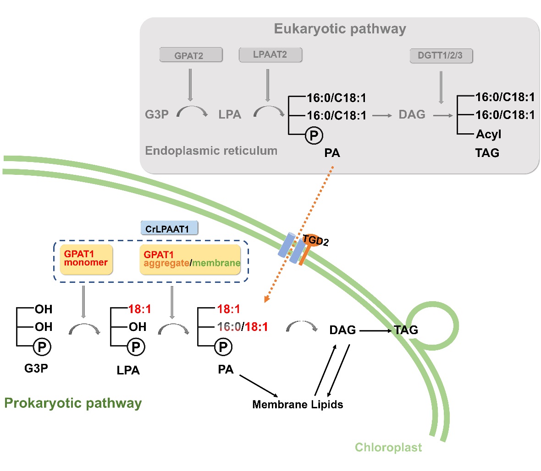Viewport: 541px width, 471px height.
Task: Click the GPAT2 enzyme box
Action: pyautogui.click(x=191, y=55)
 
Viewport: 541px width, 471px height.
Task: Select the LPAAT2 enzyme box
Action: pyautogui.click(x=270, y=54)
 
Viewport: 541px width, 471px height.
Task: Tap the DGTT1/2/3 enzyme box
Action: pyautogui.click(x=440, y=56)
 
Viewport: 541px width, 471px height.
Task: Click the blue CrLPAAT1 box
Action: pyautogui.click(x=169, y=228)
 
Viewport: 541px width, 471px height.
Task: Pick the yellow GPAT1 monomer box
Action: pyautogui.click(x=86, y=259)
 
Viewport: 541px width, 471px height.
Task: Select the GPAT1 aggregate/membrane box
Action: pyautogui.click(x=190, y=259)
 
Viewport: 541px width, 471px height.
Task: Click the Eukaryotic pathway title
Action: pyautogui.click(x=340, y=29)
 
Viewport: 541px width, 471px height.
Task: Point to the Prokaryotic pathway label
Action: pyautogui.click(x=73, y=403)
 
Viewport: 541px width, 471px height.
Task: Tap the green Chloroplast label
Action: pyautogui.click(x=388, y=447)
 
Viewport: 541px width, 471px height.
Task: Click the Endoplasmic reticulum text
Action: pyautogui.click(x=211, y=151)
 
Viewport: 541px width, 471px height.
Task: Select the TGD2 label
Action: pyautogui.click(x=316, y=240)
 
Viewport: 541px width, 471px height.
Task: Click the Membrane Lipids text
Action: pyautogui.click(x=298, y=405)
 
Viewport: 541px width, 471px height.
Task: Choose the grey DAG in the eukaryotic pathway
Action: pyautogui.click(x=412, y=114)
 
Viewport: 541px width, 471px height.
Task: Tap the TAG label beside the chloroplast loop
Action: pyautogui.click(x=406, y=330)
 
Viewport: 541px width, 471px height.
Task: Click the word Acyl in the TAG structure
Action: pyautogui.click(x=488, y=134)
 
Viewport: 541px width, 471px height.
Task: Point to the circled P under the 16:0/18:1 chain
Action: pyautogui.click(x=223, y=347)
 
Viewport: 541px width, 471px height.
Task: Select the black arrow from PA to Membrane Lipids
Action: pyautogui.click(x=259, y=386)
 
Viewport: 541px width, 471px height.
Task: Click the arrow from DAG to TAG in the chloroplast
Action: pyautogui.click(x=376, y=330)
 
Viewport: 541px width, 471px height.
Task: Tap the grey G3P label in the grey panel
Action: pyautogui.click(x=157, y=114)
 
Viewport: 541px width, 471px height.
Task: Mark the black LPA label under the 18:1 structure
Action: pyautogui.click(x=128, y=370)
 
